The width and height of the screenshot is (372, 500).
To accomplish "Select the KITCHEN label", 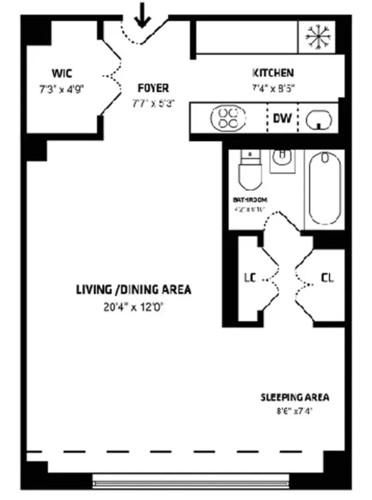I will pyautogui.click(x=273, y=73).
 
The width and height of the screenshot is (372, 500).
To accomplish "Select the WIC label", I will pyautogui.click(x=62, y=73).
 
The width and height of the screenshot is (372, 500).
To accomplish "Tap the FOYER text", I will pyautogui.click(x=153, y=88).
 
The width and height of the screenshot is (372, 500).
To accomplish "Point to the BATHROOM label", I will pyautogui.click(x=250, y=199).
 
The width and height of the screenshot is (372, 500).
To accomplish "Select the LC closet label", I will pyautogui.click(x=249, y=278).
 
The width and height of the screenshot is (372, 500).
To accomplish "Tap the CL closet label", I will pyautogui.click(x=327, y=278).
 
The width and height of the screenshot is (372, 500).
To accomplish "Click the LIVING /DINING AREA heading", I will pyautogui.click(x=133, y=290).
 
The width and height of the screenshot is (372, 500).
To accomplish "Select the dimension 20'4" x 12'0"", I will pyautogui.click(x=133, y=306).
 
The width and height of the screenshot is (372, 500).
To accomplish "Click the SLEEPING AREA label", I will pyautogui.click(x=295, y=398).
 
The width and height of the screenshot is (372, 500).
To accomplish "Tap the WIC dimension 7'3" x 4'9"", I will pyautogui.click(x=62, y=87).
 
